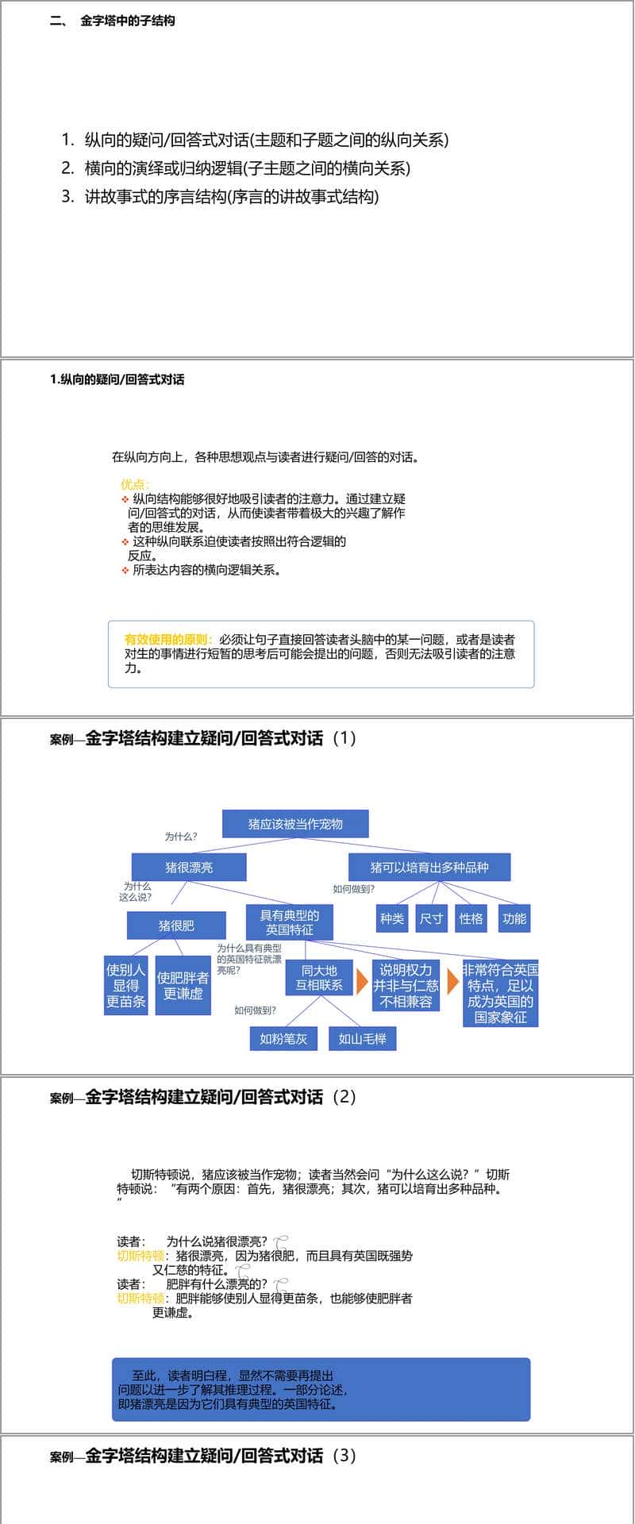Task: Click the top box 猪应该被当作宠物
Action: click(x=295, y=824)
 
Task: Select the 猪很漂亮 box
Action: click(x=189, y=868)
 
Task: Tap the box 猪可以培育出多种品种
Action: click(x=429, y=868)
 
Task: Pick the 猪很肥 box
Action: click(x=176, y=926)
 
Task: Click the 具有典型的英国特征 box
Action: click(x=289, y=922)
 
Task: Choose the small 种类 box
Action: click(x=392, y=918)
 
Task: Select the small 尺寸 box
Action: click(x=431, y=918)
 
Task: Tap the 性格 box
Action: click(x=471, y=918)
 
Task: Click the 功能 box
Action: click(x=514, y=918)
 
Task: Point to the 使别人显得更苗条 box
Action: click(x=125, y=985)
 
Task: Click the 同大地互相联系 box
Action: click(x=319, y=978)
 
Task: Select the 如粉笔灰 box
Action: click(x=283, y=1038)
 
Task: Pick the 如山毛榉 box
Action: click(x=362, y=1038)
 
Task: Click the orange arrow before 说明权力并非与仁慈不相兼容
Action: click(x=362, y=981)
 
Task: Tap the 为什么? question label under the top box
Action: click(x=181, y=837)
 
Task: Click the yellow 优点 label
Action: click(x=134, y=484)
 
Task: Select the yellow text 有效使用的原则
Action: click(x=166, y=639)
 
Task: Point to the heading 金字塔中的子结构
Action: click(x=127, y=21)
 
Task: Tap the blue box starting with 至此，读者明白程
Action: click(x=321, y=1389)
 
